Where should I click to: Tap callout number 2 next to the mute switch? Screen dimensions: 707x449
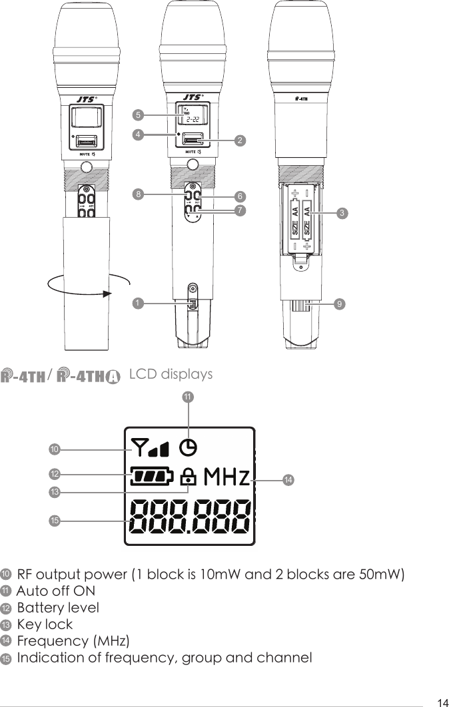tap(240, 140)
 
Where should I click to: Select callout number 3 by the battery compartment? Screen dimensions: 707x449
tap(341, 213)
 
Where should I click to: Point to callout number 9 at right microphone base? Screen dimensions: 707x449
tap(340, 303)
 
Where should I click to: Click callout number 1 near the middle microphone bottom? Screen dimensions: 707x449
tap(137, 303)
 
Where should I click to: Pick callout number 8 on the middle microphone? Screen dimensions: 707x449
tap(137, 195)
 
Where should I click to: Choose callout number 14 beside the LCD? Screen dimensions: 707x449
tap(288, 479)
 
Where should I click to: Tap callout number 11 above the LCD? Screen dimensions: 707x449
tap(188, 397)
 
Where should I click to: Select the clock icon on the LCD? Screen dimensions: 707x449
tap(190, 449)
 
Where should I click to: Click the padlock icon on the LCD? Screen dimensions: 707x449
tap(189, 477)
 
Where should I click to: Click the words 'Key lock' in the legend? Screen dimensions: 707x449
tap(45, 624)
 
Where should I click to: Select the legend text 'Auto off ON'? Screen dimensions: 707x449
tap(55, 591)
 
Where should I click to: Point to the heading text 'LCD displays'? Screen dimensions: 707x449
tap(171, 374)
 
